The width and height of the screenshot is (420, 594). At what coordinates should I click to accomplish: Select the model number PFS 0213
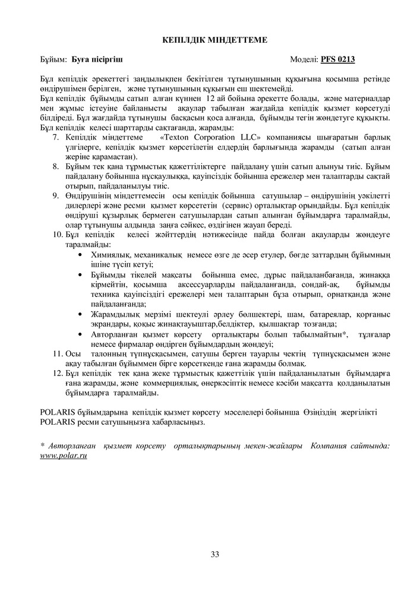coord(338,59)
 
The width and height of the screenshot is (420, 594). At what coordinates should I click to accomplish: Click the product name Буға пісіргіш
coord(98,59)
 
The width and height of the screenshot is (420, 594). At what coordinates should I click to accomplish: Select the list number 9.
coord(56,195)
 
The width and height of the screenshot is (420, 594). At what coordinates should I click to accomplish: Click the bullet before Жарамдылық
coord(80,314)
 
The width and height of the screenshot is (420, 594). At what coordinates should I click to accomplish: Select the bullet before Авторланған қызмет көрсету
coord(80,334)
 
